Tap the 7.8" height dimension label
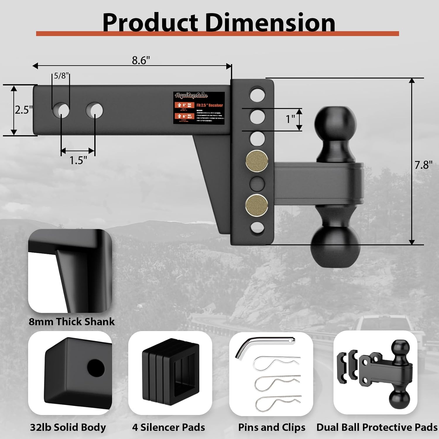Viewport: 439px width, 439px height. [x=423, y=165]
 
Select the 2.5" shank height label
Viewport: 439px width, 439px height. [x=24, y=110]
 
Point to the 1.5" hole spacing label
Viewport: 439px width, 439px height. [x=78, y=160]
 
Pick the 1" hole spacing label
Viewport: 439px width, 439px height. [x=290, y=119]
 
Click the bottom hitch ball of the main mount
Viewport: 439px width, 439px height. [x=335, y=246]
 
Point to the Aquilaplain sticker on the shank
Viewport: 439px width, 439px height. [x=199, y=108]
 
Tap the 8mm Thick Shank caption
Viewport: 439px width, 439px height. [x=72, y=322]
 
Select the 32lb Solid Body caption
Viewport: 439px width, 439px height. [x=68, y=427]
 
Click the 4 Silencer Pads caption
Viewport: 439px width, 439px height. [x=169, y=427]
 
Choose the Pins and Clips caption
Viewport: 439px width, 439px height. [x=272, y=427]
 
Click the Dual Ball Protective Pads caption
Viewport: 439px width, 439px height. [x=377, y=427]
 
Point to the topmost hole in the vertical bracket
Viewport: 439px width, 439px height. [x=257, y=94]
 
